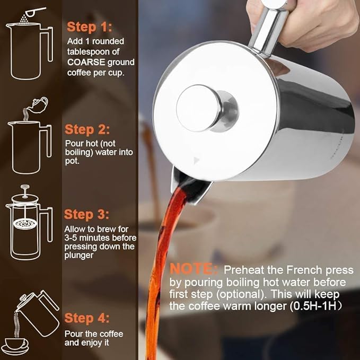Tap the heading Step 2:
(87, 129)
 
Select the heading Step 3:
(87, 215)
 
